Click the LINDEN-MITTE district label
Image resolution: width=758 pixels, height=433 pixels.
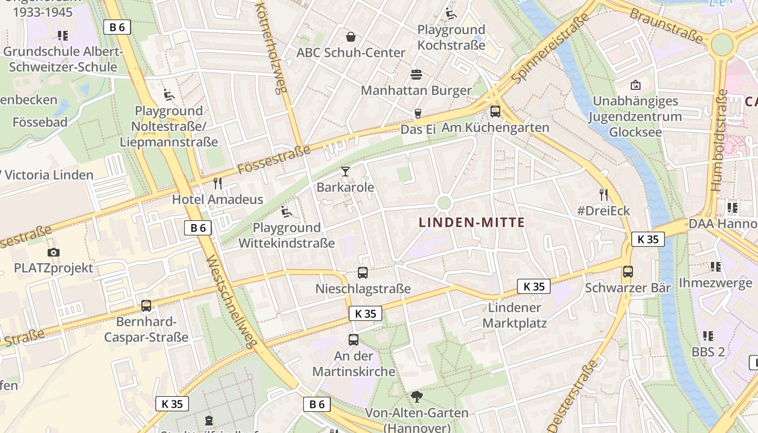pyautogui.click(x=472, y=222)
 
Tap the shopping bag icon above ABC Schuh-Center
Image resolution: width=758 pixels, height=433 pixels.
pyautogui.click(x=351, y=37)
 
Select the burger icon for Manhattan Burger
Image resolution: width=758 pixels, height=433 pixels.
pyautogui.click(x=416, y=74)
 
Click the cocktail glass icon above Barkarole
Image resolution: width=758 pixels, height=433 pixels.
pyautogui.click(x=345, y=172)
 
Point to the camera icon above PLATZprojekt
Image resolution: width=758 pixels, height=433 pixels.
pyautogui.click(x=53, y=252)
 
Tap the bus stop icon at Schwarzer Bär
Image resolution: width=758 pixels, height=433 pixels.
pyautogui.click(x=628, y=271)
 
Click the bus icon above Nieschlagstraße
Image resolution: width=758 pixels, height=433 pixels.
pyautogui.click(x=363, y=273)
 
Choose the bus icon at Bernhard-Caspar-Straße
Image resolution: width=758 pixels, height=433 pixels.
pyautogui.click(x=146, y=306)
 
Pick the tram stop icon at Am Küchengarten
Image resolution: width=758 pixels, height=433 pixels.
pyautogui.click(x=495, y=111)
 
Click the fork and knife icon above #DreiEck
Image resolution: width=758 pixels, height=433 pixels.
pyautogui.click(x=604, y=194)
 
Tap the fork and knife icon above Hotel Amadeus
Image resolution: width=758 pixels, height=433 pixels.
pyautogui.click(x=218, y=183)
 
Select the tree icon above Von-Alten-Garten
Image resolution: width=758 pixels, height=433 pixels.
pyautogui.click(x=416, y=397)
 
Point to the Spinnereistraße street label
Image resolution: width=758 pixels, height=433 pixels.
pyautogui.click(x=550, y=49)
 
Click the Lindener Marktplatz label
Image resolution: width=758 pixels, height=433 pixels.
pyautogui.click(x=515, y=316)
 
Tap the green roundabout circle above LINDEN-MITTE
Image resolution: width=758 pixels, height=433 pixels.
pyautogui.click(x=444, y=203)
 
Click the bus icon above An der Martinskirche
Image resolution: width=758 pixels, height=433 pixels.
pyautogui.click(x=354, y=340)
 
